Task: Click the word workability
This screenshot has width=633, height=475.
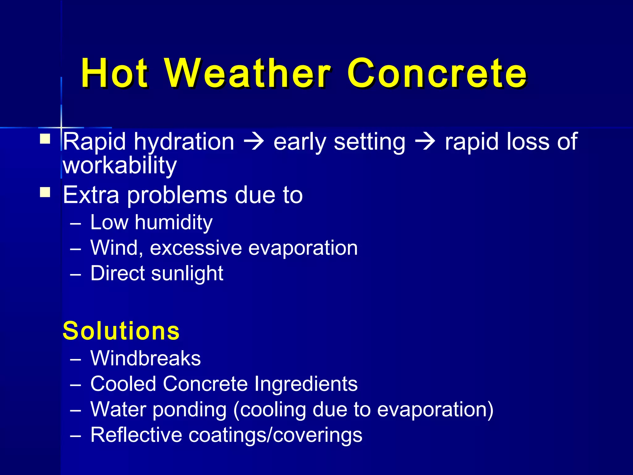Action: coord(120,166)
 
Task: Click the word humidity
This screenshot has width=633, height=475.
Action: coord(173,223)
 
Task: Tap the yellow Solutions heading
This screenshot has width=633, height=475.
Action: coord(121,331)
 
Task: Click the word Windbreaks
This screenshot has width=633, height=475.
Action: coord(145,358)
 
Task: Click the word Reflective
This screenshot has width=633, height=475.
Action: coord(136,435)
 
